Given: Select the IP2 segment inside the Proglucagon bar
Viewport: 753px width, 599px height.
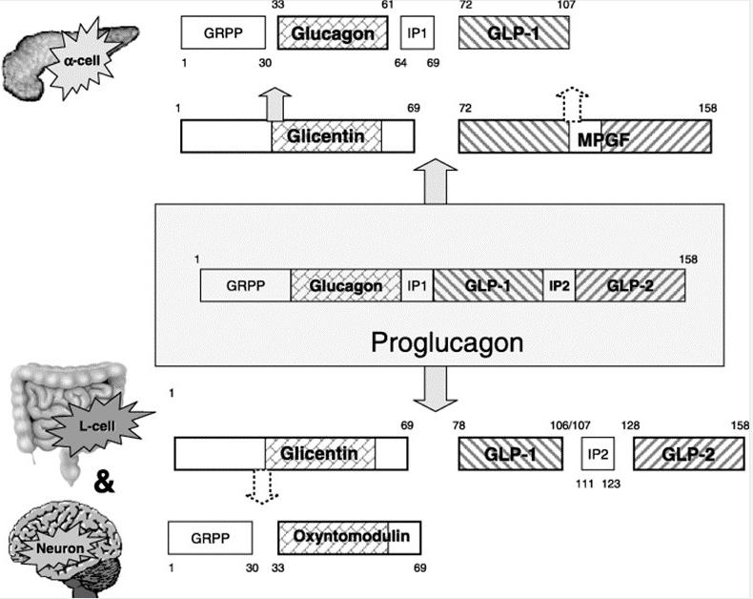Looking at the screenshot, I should [558, 285].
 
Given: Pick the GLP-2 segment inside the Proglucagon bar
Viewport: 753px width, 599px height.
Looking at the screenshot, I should [629, 285].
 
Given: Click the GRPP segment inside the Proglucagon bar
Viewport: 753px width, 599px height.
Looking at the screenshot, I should [245, 285].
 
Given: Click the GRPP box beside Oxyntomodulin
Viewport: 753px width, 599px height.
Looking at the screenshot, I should [211, 537].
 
